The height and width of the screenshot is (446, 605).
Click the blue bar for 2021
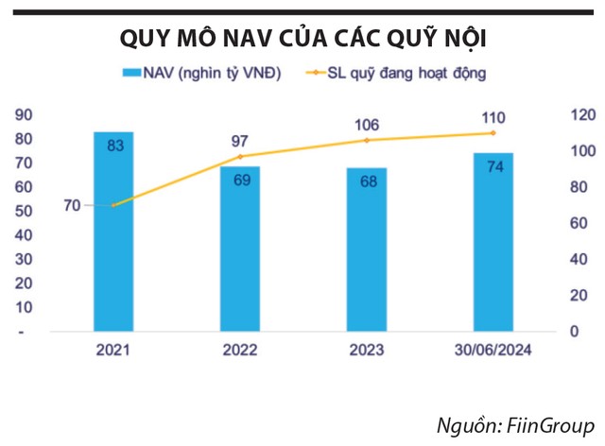113,232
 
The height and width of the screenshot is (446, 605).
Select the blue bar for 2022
240,249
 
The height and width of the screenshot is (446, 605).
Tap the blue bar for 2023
367,249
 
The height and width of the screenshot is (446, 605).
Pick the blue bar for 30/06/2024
493,242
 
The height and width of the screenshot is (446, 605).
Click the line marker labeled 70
113,205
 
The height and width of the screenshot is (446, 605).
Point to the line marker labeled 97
240,156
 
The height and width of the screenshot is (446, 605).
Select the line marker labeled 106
367,140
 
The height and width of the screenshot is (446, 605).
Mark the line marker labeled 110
493,132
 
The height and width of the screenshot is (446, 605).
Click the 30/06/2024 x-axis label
493,352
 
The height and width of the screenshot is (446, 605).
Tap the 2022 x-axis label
240,352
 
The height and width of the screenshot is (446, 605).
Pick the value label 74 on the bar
493,167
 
